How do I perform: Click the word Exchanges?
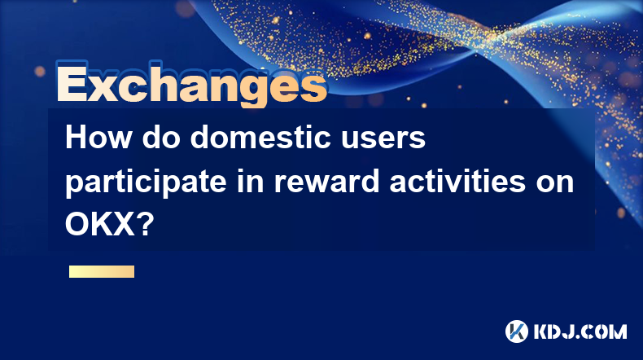pyautogui.click(x=192, y=85)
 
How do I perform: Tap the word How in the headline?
pyautogui.click(x=98, y=138)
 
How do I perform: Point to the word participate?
pyautogui.click(x=146, y=182)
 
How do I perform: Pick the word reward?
pyautogui.click(x=326, y=182)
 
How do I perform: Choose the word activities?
pyautogui.click(x=457, y=181)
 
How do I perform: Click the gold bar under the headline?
pyautogui.click(x=102, y=271)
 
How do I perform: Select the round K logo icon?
pyautogui.click(x=516, y=331)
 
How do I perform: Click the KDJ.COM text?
pyautogui.click(x=580, y=331)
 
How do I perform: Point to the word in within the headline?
pyautogui.click(x=250, y=181)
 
